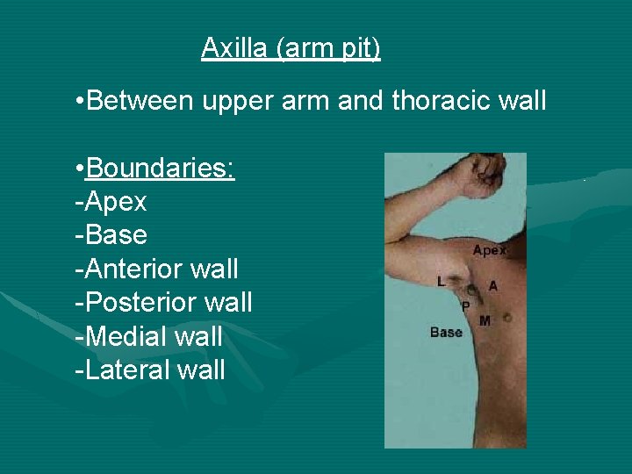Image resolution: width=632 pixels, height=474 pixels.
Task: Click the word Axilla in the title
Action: pyautogui.click(x=234, y=47)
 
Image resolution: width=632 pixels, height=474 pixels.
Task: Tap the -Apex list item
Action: pyautogui.click(x=111, y=203)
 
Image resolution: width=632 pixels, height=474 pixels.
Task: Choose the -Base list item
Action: pyautogui.click(x=111, y=235)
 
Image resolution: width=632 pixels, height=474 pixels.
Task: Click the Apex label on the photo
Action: pyautogui.click(x=490, y=250)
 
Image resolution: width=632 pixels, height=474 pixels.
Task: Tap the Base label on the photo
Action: pyautogui.click(x=446, y=333)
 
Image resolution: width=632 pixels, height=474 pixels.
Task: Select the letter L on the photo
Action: pyautogui.click(x=441, y=282)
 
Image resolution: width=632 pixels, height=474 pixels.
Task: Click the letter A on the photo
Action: pyautogui.click(x=492, y=286)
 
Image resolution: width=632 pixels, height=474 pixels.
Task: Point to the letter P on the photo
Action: pyautogui.click(x=465, y=305)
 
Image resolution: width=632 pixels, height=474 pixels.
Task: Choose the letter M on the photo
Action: pyautogui.click(x=485, y=321)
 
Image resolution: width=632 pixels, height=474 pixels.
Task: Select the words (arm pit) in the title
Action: pyautogui.click(x=328, y=47)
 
